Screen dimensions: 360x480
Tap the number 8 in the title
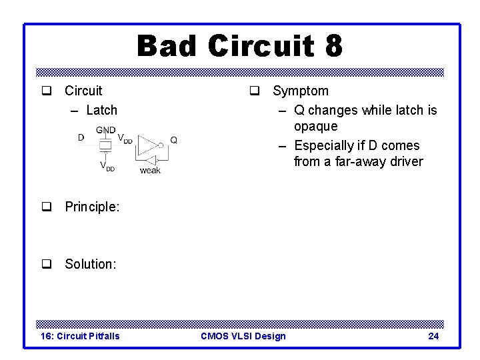[x=333, y=47]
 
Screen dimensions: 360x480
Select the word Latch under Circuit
[x=101, y=110]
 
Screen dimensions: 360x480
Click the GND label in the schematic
[x=105, y=130]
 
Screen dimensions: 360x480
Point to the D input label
[x=81, y=138]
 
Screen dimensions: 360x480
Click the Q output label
[x=173, y=140]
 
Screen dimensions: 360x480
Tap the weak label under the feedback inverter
[x=150, y=171]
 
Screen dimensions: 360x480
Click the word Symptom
[x=300, y=91]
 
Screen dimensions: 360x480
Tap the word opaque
[x=315, y=126]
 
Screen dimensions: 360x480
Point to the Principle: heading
[x=92, y=207]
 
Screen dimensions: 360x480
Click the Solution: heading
[x=90, y=264]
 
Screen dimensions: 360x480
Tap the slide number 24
[x=433, y=336]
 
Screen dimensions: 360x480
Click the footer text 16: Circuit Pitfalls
[x=81, y=336]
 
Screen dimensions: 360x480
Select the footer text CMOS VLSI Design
[x=243, y=336]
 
